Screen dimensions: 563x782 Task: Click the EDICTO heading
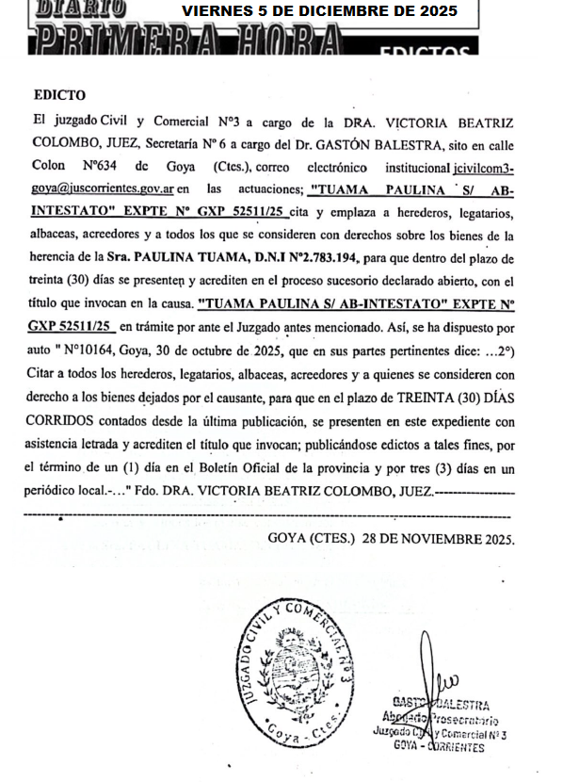pos(59,95)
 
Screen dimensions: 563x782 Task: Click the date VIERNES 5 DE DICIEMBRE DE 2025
pos(319,11)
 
